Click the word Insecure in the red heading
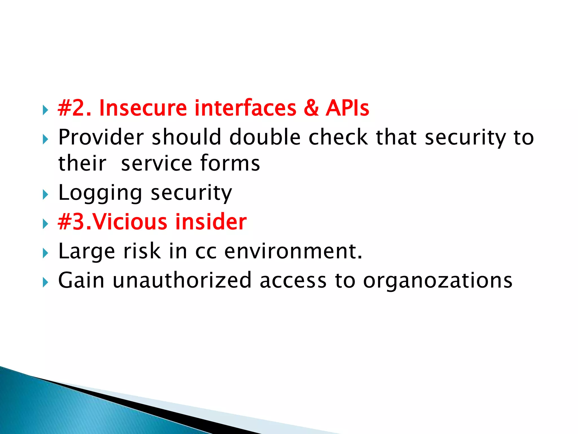pyautogui.click(x=143, y=108)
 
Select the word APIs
pyautogui.click(x=347, y=108)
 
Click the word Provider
pyautogui.click(x=101, y=137)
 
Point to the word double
pyautogui.click(x=265, y=137)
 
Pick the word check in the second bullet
pyautogui.click(x=338, y=137)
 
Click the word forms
pyautogui.click(x=230, y=163)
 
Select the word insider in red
pyautogui.click(x=211, y=222)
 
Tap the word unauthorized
pyautogui.click(x=182, y=280)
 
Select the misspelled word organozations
pyautogui.click(x=437, y=281)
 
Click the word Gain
pyautogui.click(x=81, y=280)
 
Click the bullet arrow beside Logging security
pyautogui.click(x=45, y=195)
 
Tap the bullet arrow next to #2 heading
pyautogui.click(x=45, y=110)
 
